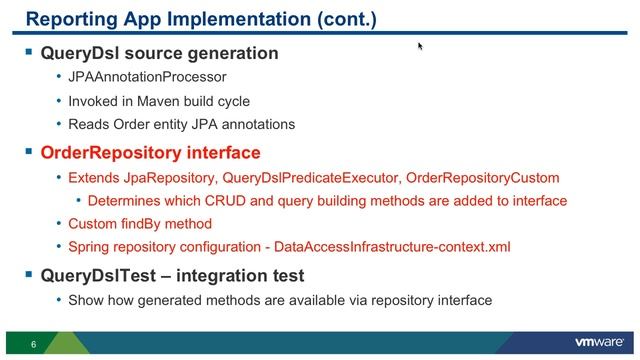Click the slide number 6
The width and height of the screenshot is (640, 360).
point(33,345)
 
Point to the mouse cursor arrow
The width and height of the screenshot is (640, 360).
point(420,45)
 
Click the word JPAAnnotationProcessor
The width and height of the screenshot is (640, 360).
point(147,77)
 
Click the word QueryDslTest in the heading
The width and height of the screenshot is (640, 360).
point(90,275)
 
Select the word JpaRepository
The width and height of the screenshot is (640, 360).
point(164,178)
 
